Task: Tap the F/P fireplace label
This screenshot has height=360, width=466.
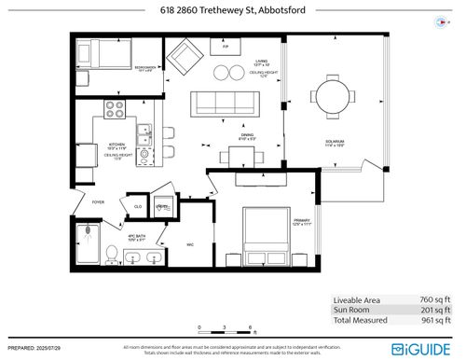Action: click(224, 44)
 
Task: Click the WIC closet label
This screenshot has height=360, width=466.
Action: click(189, 245)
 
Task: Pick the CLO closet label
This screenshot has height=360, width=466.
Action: click(137, 207)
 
